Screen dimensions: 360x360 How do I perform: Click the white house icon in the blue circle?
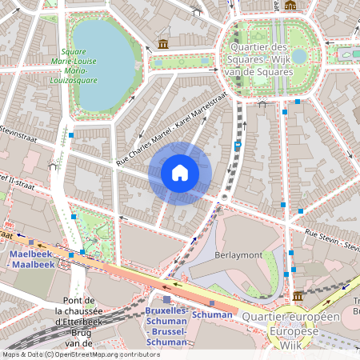(x=180, y=173)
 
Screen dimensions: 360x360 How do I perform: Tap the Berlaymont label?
(x=238, y=254)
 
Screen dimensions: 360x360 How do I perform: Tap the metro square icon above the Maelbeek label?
(x=31, y=242)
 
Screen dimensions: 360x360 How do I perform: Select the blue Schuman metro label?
(x=212, y=314)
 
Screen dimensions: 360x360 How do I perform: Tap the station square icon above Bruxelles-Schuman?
(x=166, y=298)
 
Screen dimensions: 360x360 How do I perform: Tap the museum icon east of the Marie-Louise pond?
(x=163, y=43)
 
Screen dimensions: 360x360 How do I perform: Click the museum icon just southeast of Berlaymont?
(x=298, y=297)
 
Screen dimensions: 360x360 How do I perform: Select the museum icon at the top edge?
(x=290, y=5)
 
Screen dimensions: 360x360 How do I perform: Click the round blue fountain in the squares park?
(x=298, y=56)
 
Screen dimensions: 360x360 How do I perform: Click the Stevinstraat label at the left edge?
(x=16, y=130)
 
